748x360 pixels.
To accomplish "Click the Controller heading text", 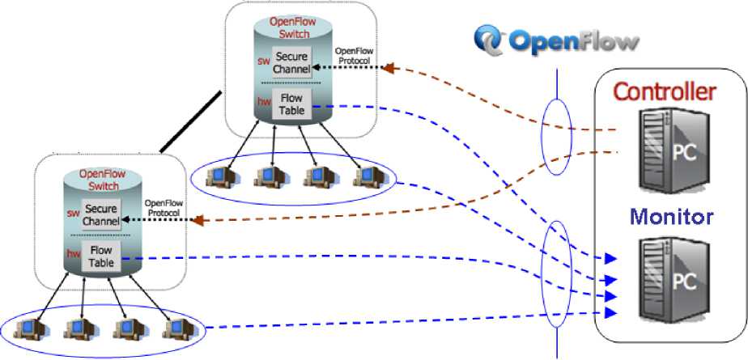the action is coord(663,91).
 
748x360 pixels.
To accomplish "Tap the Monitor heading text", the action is coord(661,216).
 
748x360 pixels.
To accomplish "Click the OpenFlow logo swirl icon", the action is coord(490,39).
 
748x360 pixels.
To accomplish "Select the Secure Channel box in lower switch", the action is coord(101,214).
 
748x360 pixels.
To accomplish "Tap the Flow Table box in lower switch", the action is coord(101,256).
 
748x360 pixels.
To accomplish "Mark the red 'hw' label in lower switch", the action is coord(72,253).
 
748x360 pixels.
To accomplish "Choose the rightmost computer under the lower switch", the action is coord(176,327).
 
